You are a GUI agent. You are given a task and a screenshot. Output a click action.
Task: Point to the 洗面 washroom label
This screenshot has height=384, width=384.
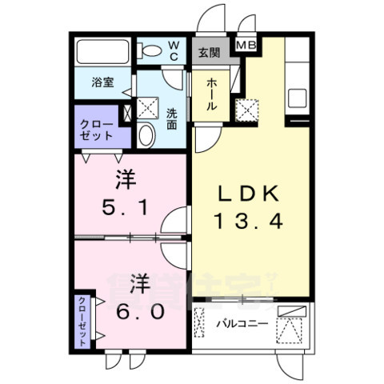click(x=171, y=118)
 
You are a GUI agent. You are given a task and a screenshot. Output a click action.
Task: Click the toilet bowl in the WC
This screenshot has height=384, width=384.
click(x=150, y=50)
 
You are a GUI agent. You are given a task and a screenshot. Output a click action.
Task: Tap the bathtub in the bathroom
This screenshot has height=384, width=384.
click(x=103, y=54)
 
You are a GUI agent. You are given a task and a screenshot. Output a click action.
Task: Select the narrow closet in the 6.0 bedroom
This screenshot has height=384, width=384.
click(x=82, y=320)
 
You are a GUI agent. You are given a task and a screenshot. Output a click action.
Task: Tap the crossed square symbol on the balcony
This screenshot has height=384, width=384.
click(x=289, y=327)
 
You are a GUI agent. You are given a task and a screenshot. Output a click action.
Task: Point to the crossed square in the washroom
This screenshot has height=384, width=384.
click(x=146, y=108)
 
